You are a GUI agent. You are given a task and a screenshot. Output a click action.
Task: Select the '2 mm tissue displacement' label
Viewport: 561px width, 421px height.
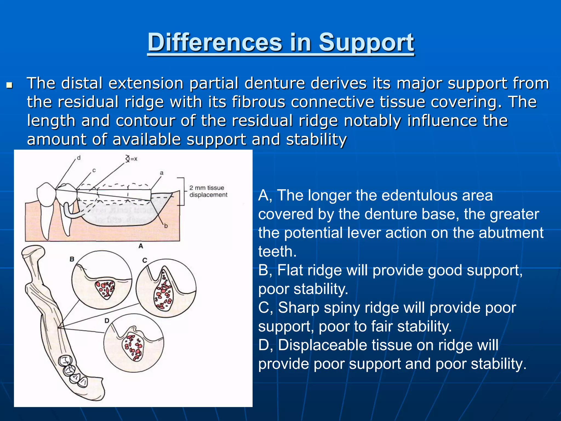[208, 191]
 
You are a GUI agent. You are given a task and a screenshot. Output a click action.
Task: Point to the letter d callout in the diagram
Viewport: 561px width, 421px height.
[79, 158]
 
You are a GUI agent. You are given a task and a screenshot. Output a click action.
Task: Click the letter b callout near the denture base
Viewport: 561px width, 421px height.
[166, 226]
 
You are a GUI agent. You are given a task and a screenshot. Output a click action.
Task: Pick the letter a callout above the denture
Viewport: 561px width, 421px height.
[162, 173]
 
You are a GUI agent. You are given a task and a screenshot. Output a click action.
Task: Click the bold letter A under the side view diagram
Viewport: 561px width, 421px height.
[141, 246]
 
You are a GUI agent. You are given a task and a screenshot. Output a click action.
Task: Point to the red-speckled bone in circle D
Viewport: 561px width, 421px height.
[133, 346]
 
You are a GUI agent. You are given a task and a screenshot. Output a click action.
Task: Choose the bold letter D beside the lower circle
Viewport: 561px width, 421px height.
[107, 320]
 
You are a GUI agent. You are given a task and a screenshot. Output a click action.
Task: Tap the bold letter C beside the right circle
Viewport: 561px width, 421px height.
[145, 260]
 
